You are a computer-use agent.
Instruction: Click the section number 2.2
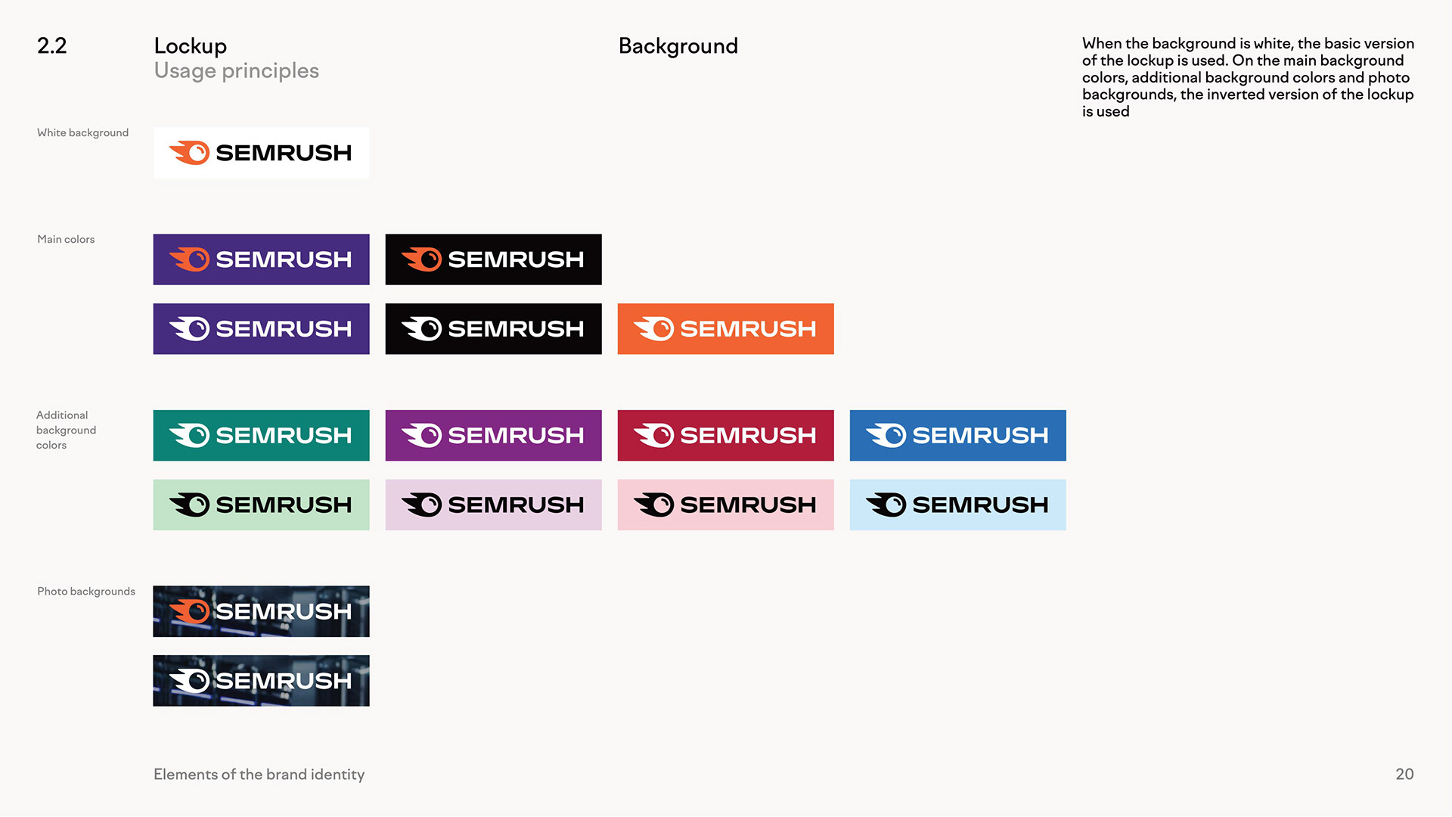pyautogui.click(x=51, y=45)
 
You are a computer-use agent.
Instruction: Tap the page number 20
pyautogui.click(x=1404, y=774)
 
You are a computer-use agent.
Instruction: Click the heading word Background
pyautogui.click(x=678, y=45)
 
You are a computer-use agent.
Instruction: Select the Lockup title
pyautogui.click(x=190, y=45)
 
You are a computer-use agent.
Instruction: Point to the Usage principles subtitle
pyautogui.click(x=236, y=70)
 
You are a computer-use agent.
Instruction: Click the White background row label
pyautogui.click(x=82, y=132)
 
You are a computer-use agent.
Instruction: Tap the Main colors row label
pyautogui.click(x=66, y=239)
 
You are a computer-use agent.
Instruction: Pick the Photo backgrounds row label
pyautogui.click(x=86, y=591)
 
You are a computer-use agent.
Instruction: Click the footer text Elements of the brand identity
pyautogui.click(x=259, y=774)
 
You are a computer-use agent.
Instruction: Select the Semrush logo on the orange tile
pyautogui.click(x=725, y=329)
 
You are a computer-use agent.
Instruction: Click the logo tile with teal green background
pyautogui.click(x=261, y=435)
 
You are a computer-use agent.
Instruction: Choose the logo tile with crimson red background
pyautogui.click(x=725, y=435)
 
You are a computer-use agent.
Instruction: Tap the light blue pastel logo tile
pyautogui.click(x=957, y=505)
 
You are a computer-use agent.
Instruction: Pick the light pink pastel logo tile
pyautogui.click(x=725, y=505)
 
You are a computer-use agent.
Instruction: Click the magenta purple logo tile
pyautogui.click(x=493, y=435)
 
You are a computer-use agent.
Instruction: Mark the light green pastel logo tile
pyautogui.click(x=261, y=505)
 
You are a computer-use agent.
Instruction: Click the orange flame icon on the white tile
pyautogui.click(x=190, y=153)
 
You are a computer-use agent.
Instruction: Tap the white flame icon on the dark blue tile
pyautogui.click(x=886, y=435)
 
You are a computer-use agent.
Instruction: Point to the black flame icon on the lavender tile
pyautogui.click(x=422, y=505)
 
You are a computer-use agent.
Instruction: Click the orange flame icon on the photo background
pyautogui.click(x=190, y=611)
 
